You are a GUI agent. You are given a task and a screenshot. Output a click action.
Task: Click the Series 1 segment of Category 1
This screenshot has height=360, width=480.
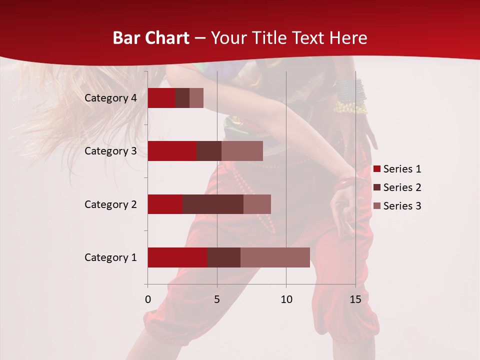click(x=177, y=257)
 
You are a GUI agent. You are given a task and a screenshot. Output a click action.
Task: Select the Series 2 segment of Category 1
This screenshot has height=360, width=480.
click(x=224, y=257)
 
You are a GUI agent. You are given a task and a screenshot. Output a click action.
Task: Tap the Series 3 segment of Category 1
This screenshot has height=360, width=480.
click(x=275, y=257)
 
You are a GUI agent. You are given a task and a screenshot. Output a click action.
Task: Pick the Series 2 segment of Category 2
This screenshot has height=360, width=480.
click(x=213, y=204)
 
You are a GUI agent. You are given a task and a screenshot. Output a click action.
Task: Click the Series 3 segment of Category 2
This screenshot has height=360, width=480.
click(x=257, y=204)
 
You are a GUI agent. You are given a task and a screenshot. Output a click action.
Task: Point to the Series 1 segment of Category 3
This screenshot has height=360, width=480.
click(x=172, y=151)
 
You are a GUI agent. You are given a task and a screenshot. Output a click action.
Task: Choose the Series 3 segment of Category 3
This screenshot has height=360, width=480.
click(x=242, y=151)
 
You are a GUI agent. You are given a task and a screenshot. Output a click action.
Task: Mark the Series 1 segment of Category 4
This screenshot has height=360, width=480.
click(x=161, y=98)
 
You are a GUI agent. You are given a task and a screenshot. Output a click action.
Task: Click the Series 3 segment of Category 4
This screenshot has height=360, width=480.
click(x=196, y=98)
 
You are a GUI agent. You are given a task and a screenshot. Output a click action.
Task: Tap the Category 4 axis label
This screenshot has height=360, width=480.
click(x=110, y=98)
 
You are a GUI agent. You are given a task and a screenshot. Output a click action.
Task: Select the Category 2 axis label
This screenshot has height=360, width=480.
click(x=110, y=204)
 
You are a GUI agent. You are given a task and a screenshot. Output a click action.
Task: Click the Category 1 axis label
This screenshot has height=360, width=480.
click(x=110, y=257)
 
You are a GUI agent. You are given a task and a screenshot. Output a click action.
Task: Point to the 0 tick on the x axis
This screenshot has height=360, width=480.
click(x=148, y=299)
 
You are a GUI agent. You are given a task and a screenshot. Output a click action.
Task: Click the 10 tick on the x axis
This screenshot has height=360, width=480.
click(x=286, y=299)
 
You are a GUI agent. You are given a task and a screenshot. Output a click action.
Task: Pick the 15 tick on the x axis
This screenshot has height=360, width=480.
click(x=355, y=299)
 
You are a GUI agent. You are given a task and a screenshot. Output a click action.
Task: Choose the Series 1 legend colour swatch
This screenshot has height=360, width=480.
click(x=377, y=169)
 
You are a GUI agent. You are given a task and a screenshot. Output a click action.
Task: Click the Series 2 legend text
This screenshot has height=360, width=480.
click(x=402, y=187)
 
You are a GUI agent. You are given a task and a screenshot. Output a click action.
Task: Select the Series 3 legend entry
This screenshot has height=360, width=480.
click(x=397, y=206)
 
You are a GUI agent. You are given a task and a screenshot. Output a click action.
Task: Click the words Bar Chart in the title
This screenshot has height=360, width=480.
click(x=151, y=38)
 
